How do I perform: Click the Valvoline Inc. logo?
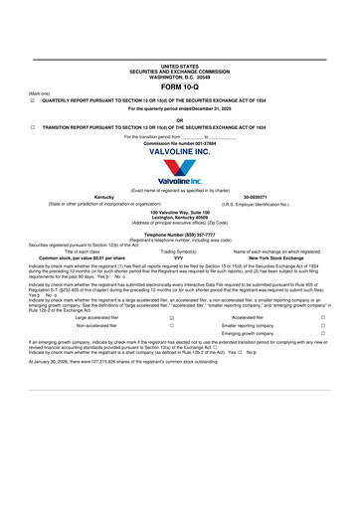pos(180,174)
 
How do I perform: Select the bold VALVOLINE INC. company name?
pos(179,151)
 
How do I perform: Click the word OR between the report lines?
pos(179,119)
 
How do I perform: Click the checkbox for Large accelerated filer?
pos(172,317)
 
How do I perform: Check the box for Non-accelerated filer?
pos(172,325)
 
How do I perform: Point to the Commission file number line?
pos(179,143)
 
